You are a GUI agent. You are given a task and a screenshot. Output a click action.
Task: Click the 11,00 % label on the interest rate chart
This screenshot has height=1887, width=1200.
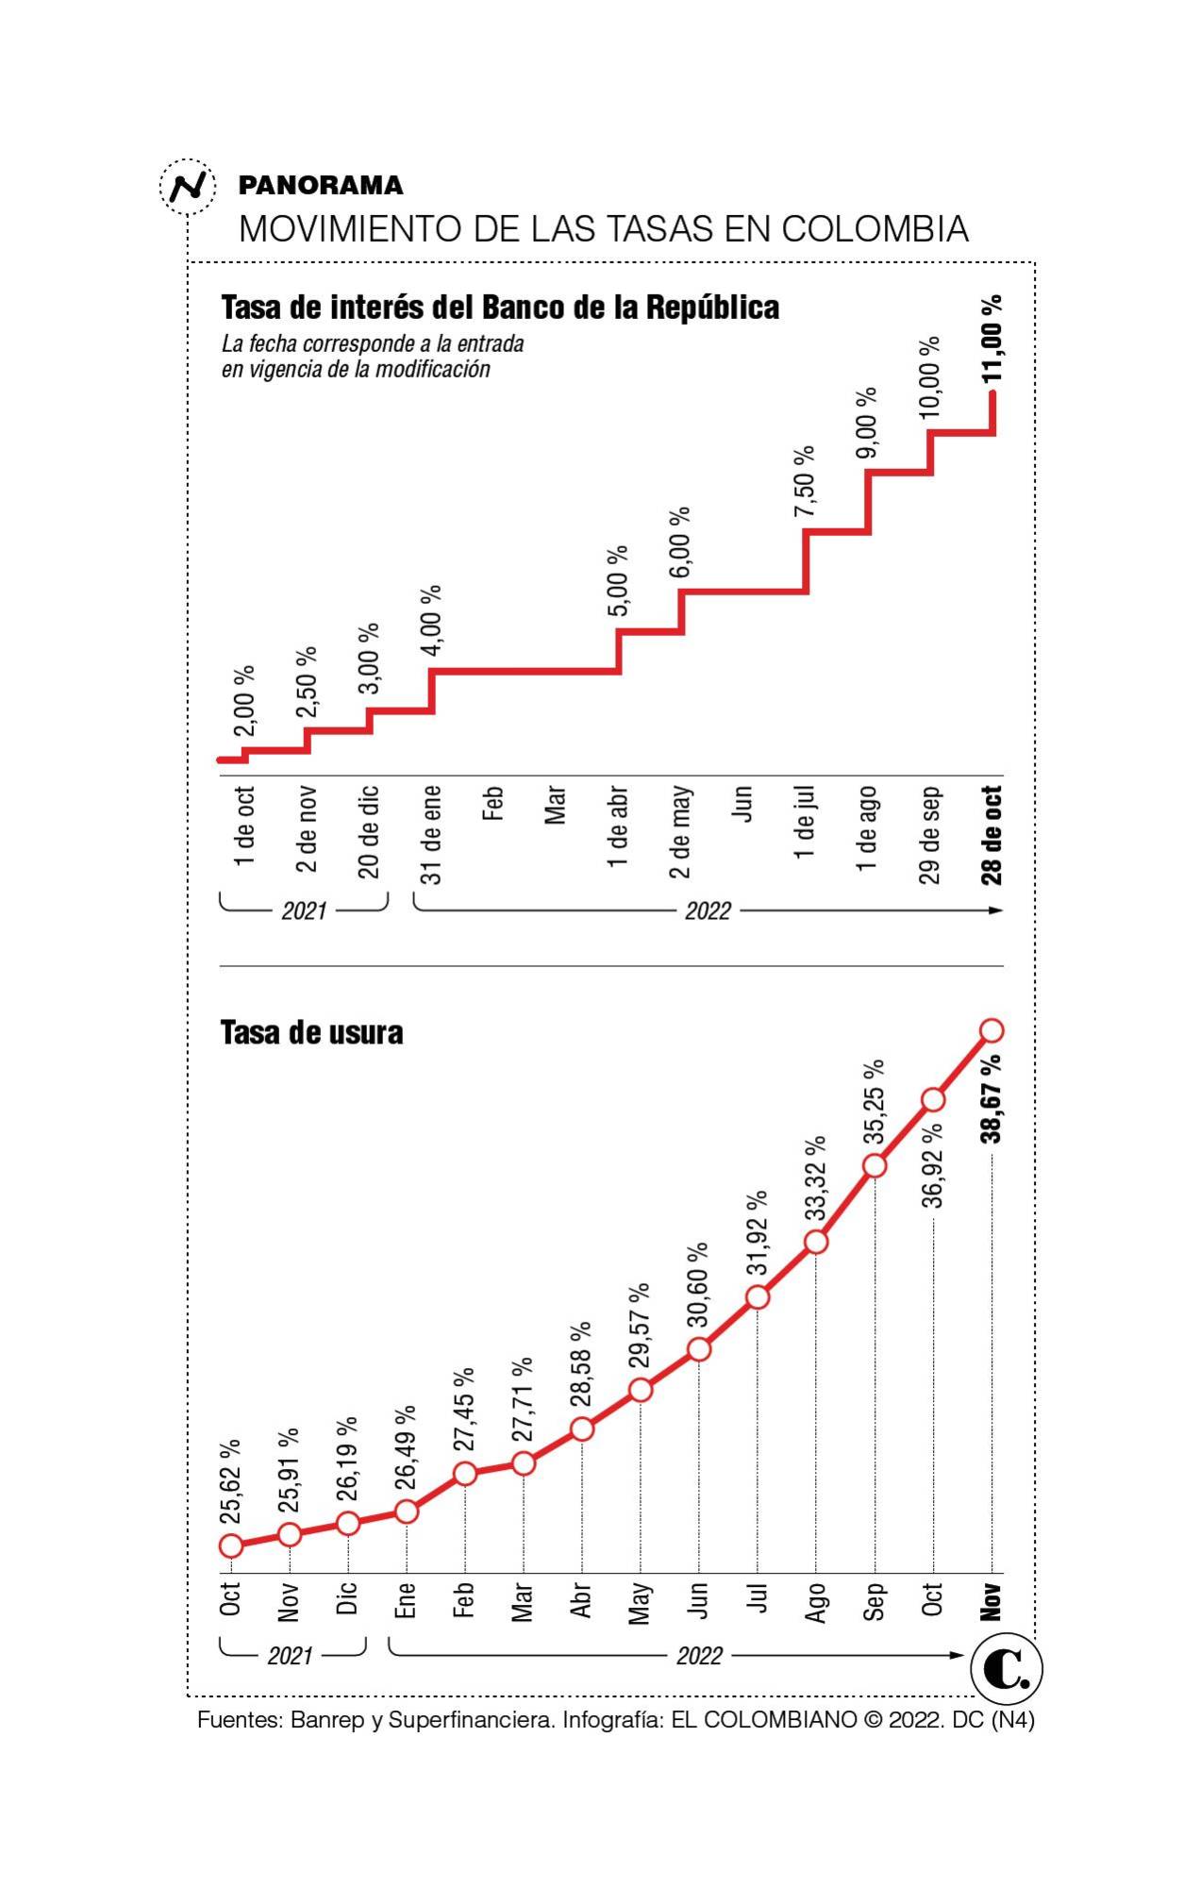[992, 339]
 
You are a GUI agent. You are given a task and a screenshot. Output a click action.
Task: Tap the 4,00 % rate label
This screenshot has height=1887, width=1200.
[431, 620]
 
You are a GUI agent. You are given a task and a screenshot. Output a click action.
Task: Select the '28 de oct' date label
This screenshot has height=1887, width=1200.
[992, 835]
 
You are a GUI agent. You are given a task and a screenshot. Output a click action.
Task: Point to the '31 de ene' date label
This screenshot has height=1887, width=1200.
[431, 834]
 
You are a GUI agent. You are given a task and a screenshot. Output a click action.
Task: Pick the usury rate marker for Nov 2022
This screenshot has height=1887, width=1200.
[992, 1030]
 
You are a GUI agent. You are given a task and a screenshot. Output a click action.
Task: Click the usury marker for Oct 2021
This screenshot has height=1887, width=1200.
[231, 1545]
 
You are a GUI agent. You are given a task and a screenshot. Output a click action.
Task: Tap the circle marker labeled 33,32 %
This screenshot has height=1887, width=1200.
[817, 1242]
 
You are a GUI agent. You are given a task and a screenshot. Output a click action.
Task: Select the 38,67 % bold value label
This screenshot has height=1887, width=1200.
[992, 1099]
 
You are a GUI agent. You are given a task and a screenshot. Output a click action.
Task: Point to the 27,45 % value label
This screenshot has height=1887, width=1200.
[464, 1410]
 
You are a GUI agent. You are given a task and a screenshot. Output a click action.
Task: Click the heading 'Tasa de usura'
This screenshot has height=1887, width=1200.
[311, 1033]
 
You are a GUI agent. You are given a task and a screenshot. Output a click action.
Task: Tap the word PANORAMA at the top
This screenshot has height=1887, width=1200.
[321, 185]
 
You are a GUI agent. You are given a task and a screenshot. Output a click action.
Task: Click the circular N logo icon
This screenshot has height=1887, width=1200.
[188, 186]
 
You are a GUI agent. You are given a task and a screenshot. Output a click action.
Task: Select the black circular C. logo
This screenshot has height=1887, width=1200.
[1006, 1670]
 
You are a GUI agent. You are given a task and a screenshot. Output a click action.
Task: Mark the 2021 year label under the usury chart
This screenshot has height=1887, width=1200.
[290, 1656]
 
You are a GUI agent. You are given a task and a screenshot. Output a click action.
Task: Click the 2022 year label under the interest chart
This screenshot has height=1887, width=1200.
[708, 910]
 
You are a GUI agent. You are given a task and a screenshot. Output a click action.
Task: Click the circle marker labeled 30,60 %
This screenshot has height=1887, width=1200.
[699, 1349]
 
